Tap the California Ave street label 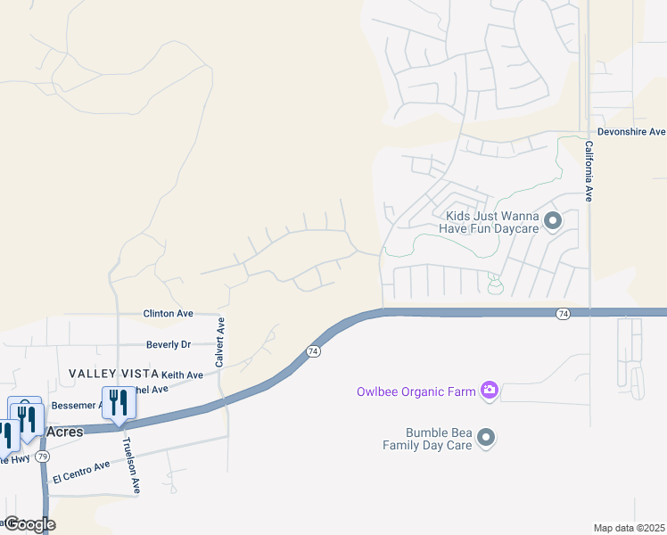(x=589, y=170)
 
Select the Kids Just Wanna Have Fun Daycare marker (x=553, y=220)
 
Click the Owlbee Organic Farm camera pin (x=489, y=390)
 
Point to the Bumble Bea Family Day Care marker (x=486, y=437)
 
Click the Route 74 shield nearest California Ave (x=563, y=314)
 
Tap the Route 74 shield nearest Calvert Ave (x=313, y=352)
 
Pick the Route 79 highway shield (x=43, y=456)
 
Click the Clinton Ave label (x=169, y=314)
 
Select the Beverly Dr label (x=169, y=344)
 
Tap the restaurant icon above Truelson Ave (x=119, y=402)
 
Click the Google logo (x=29, y=524)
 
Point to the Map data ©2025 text (x=629, y=528)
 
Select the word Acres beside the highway (x=63, y=432)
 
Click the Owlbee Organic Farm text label (x=414, y=390)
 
